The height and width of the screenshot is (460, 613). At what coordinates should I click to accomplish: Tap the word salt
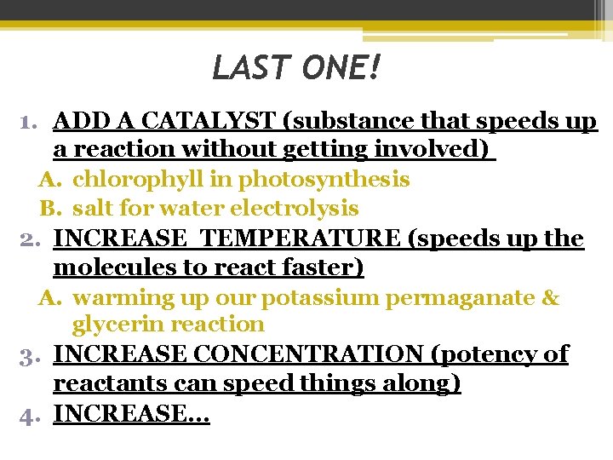[91, 209]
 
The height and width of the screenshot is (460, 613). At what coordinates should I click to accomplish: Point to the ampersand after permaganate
[551, 298]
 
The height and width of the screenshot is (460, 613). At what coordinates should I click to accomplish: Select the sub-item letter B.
[48, 209]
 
